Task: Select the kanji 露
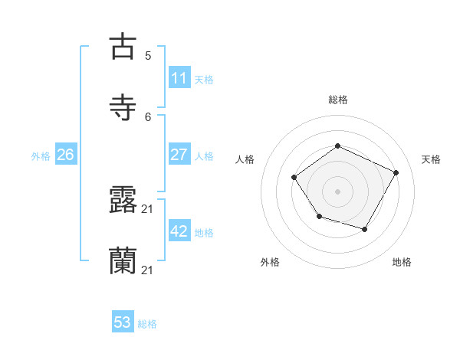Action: pos(123,201)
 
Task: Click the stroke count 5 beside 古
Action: pos(148,55)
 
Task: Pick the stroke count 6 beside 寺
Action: pos(148,116)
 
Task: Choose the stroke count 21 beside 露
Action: pos(148,208)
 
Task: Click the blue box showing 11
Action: pos(179,78)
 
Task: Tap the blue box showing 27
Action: pos(179,155)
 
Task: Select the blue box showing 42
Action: pos(179,231)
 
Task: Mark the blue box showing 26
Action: pos(65,155)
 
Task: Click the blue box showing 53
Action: pos(123,322)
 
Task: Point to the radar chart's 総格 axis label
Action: pos(338,100)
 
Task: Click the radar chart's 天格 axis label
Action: pos(432,159)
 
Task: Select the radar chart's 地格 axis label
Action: pos(402,262)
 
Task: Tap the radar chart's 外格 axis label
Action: pos(270,262)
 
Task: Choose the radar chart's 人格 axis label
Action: pos(245,159)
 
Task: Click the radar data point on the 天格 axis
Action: pos(396,172)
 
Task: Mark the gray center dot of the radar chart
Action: pos(338,191)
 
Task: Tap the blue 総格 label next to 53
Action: pos(147,324)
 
